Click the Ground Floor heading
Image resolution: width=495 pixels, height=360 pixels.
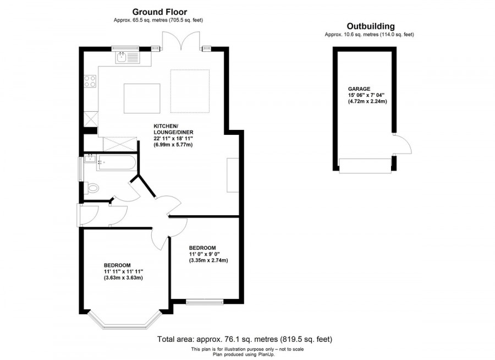(159, 12)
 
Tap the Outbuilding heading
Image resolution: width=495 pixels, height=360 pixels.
(371, 26)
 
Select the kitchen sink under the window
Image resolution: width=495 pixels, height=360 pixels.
(128, 58)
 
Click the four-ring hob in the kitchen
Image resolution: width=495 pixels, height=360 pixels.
(90, 81)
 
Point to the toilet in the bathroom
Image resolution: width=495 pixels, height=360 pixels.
(92, 188)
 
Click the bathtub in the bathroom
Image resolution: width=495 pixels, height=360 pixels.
(117, 162)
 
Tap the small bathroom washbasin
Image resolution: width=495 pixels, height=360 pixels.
(90, 158)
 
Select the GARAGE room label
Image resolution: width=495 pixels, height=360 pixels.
(359, 89)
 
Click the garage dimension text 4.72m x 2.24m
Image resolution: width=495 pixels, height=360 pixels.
(367, 101)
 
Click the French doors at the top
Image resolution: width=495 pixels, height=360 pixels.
(181, 41)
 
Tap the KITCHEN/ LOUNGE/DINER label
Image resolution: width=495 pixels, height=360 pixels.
(173, 129)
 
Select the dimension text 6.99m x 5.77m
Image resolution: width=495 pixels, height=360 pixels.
(173, 145)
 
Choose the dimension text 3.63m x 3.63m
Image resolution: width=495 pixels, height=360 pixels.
(123, 278)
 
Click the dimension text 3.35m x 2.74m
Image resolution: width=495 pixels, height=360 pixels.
(208, 260)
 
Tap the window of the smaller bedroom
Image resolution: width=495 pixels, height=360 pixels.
(205, 302)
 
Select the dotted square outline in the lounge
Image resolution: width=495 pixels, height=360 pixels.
(190, 91)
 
